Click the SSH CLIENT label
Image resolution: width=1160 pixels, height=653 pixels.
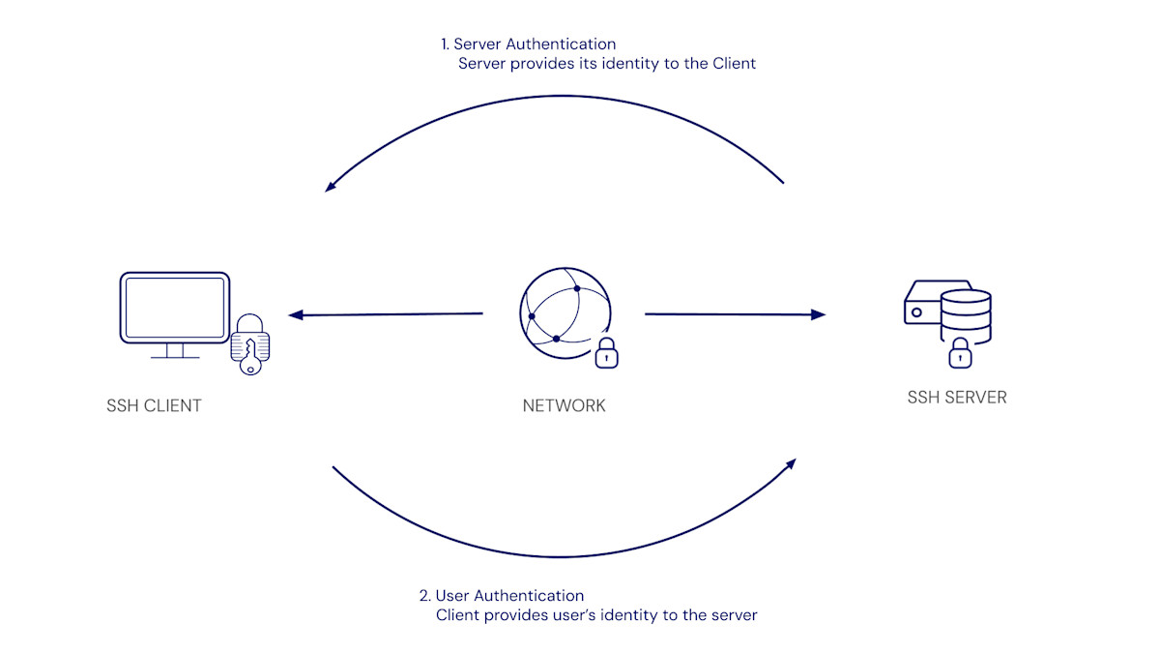(x=154, y=405)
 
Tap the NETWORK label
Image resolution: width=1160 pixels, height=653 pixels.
(x=564, y=405)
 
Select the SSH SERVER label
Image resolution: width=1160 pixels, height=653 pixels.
(x=956, y=398)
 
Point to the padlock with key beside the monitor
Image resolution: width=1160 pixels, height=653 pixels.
(x=250, y=344)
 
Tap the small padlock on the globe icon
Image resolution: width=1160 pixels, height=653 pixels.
(x=606, y=353)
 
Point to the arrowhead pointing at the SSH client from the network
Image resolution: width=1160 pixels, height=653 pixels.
(x=294, y=314)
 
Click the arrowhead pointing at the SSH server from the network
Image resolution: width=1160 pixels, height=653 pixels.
(x=820, y=314)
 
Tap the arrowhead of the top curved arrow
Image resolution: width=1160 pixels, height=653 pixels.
(x=330, y=187)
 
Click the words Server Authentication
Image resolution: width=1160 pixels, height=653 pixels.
(x=535, y=45)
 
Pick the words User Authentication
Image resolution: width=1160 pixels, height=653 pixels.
(x=509, y=596)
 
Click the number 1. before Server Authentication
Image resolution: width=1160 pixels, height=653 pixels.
(x=446, y=45)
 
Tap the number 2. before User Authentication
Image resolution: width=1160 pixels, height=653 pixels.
(x=425, y=596)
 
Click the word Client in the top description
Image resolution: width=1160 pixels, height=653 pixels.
(x=735, y=64)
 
